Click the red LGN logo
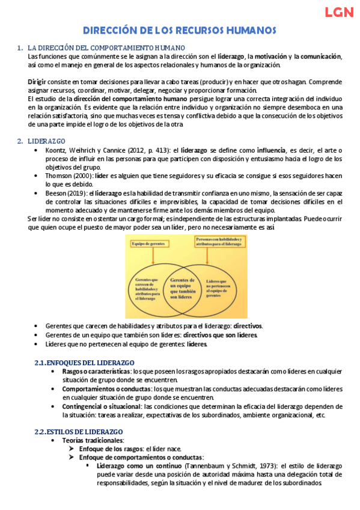[x=338, y=12]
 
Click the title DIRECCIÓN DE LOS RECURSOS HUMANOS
[x=179, y=30]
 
